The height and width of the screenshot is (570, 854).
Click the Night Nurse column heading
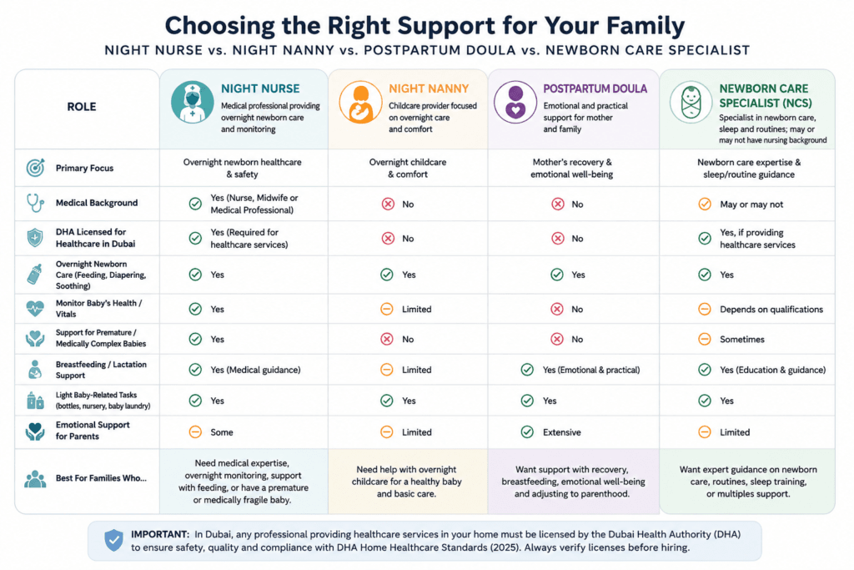point(260,88)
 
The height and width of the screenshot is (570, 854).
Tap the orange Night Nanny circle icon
point(360,103)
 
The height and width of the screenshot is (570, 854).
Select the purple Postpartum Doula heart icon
point(515,103)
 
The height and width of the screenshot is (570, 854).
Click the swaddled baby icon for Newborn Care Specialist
point(691,103)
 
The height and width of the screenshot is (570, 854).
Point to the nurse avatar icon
point(193,103)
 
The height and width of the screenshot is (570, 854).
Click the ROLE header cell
point(82,107)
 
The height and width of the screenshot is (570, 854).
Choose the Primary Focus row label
point(84,168)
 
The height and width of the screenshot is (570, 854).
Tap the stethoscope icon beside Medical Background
point(35,203)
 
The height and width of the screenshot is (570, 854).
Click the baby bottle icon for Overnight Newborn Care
point(35,274)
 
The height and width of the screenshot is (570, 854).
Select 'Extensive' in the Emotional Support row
point(561,432)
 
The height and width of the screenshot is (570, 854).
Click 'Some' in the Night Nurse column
point(222,432)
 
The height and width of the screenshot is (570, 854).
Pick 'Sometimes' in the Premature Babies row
point(741,339)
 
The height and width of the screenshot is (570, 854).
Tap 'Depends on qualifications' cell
point(771,310)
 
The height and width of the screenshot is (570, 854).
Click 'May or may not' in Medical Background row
point(751,204)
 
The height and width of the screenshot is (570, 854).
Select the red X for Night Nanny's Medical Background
point(388,204)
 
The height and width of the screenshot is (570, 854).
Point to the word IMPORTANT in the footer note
point(159,535)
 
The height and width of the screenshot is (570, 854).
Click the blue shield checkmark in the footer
point(113,540)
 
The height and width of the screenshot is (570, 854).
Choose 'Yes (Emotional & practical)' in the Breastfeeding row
point(591,370)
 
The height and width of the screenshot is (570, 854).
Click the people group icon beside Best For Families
point(35,478)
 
